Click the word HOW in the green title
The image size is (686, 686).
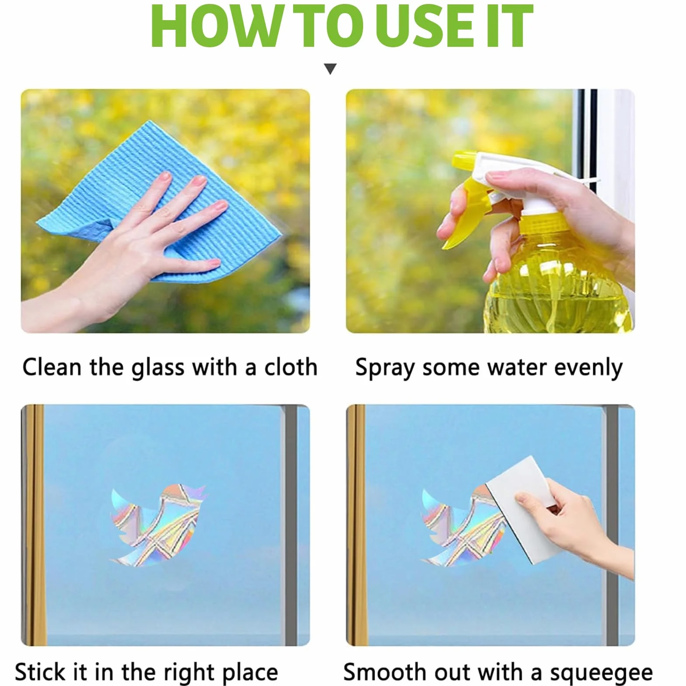[x=213, y=26]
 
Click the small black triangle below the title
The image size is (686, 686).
[x=330, y=69]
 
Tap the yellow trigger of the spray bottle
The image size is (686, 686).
[x=464, y=214]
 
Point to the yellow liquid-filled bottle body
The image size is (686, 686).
[x=560, y=280]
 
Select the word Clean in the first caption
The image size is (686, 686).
[x=52, y=367]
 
